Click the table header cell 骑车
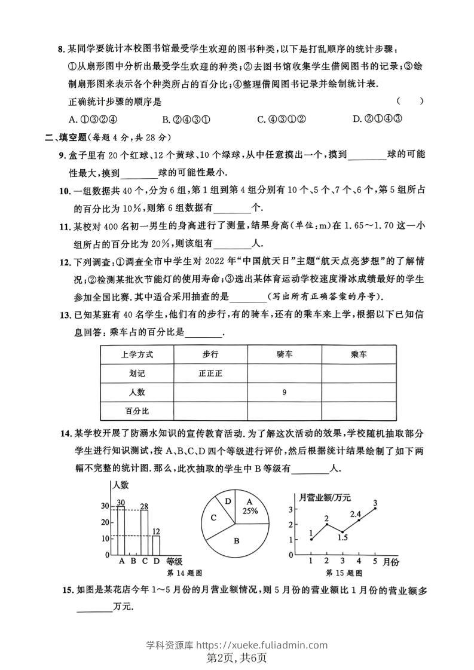[x=285, y=354]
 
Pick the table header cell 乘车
[x=359, y=354]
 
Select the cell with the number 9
[x=285, y=393]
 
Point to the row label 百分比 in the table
[x=136, y=411]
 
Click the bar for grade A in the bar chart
[x=121, y=530]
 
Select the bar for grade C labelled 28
[x=144, y=532]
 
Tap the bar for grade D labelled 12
[x=156, y=545]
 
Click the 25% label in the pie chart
[x=250, y=511]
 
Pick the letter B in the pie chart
[x=237, y=540]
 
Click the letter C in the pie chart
[x=212, y=519]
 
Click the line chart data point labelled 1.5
[x=342, y=531]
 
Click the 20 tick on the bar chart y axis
[x=105, y=522]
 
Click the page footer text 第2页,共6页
[x=237, y=658]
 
